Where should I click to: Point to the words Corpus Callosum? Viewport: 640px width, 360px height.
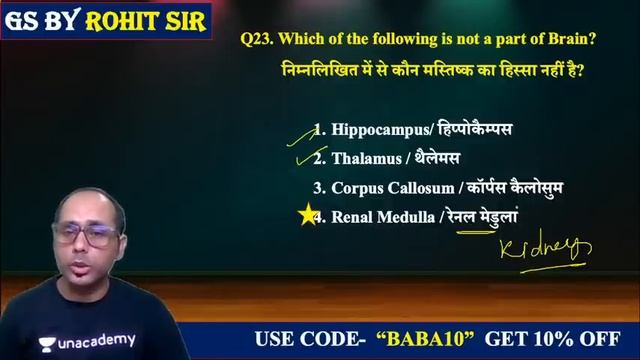(393, 187)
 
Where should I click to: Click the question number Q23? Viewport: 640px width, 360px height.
(256, 40)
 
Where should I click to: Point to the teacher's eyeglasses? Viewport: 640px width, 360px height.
(85, 237)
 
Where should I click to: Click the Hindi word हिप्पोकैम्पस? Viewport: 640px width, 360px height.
(471, 130)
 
